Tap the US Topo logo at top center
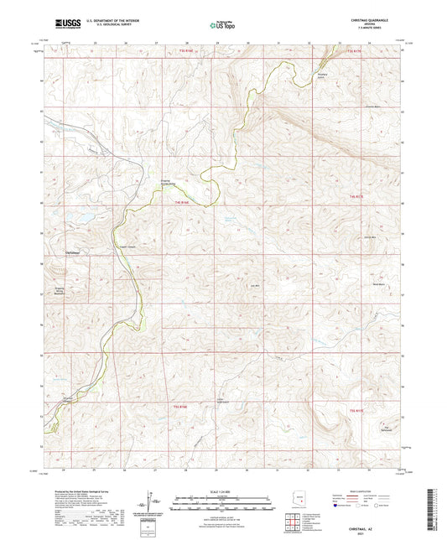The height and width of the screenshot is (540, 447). pos(221,25)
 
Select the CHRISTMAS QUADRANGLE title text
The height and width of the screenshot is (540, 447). pos(366,18)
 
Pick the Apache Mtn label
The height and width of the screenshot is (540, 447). pos(367,238)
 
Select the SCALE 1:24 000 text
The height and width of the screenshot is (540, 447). pos(221,491)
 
